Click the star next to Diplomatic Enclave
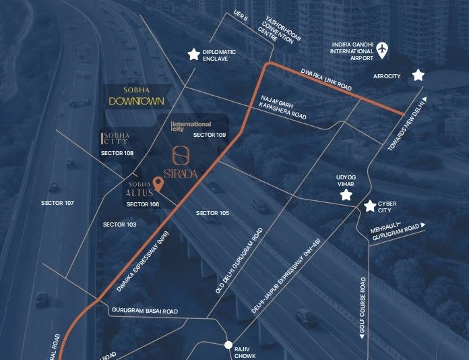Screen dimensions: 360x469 tap(194, 54)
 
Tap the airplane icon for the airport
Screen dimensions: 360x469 tap(383, 49)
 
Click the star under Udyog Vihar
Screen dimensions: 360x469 tap(346, 195)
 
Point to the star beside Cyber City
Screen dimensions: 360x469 tap(369, 206)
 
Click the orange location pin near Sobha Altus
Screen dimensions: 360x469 tap(158, 183)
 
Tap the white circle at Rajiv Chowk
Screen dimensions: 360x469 tap(229, 345)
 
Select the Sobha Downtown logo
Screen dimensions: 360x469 tap(136, 96)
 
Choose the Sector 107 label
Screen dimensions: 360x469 tap(57, 203)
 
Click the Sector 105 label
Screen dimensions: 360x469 tap(212, 213)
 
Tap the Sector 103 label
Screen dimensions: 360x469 tap(119, 224)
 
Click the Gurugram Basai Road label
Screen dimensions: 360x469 tap(144, 311)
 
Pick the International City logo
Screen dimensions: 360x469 tap(191, 125)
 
